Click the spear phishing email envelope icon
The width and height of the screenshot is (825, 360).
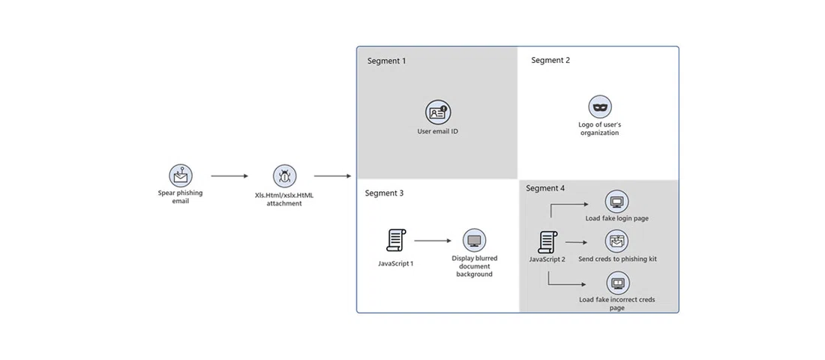180,175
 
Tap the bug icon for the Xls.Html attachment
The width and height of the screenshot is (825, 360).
284,176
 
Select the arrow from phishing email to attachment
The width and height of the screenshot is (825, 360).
229,176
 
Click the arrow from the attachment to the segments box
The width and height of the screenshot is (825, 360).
332,176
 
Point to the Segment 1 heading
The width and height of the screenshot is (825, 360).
386,61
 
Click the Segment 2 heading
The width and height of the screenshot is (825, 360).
550,60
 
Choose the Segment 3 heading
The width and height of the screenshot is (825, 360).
384,193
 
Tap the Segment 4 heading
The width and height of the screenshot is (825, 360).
545,188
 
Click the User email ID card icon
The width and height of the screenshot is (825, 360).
437,112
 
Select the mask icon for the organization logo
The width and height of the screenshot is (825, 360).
599,106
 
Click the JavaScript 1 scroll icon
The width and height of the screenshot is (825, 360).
395,241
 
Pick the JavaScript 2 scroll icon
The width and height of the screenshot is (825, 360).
547,242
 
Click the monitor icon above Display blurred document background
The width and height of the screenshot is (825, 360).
474,240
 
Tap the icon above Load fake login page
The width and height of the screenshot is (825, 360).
616,202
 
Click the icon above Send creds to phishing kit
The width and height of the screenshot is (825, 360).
616,241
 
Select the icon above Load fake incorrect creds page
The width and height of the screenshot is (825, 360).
617,283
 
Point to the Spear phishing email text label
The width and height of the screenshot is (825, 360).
180,196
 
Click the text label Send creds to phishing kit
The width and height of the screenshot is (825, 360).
617,259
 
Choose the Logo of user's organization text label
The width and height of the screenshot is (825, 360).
599,128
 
